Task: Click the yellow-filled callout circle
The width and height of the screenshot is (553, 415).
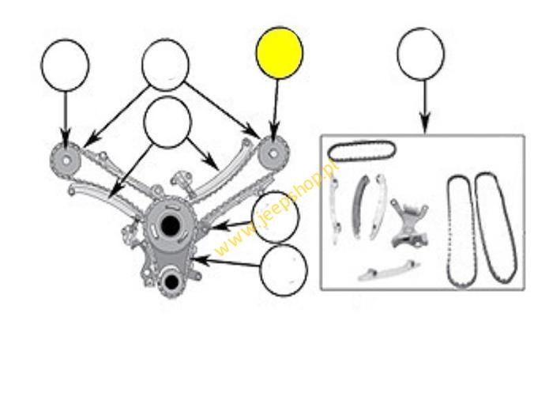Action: click(x=280, y=53)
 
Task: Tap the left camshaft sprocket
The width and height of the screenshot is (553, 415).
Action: click(x=66, y=160)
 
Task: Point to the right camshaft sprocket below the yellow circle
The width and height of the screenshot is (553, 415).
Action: click(x=273, y=154)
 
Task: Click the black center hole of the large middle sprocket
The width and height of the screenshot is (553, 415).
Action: click(x=170, y=225)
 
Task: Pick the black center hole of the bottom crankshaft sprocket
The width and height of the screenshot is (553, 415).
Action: click(x=171, y=281)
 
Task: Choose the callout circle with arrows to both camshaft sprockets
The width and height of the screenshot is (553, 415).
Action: click(x=165, y=65)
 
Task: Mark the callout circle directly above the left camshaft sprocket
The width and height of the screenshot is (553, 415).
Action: click(x=66, y=66)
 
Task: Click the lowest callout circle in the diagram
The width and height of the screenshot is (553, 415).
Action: click(x=284, y=270)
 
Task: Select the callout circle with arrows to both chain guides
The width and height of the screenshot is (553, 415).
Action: click(x=167, y=122)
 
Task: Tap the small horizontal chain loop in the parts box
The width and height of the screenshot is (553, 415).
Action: click(x=362, y=151)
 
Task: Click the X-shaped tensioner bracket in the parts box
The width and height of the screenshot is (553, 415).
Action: click(x=409, y=223)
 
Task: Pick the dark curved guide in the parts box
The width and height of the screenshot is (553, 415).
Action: click(x=359, y=206)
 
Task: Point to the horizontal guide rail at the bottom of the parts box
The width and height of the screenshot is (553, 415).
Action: click(x=388, y=272)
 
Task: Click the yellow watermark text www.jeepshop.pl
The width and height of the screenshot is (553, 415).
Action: click(x=276, y=207)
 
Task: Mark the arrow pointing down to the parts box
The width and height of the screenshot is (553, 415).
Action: click(x=425, y=107)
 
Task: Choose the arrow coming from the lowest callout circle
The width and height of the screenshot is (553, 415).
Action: click(x=225, y=262)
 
